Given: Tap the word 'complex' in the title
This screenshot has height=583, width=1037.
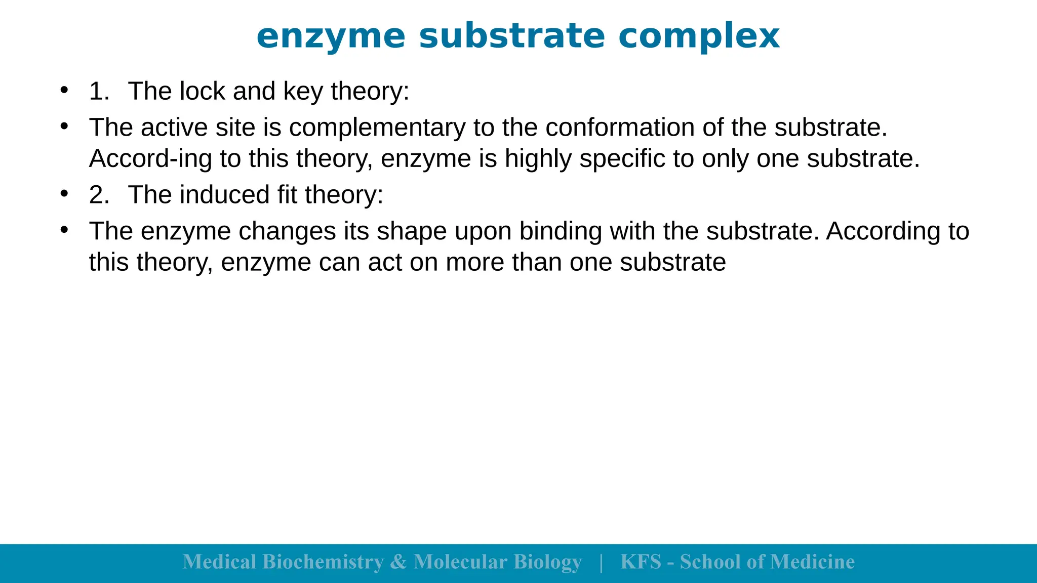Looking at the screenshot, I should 699,36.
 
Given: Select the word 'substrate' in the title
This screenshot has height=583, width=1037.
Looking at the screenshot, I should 512,36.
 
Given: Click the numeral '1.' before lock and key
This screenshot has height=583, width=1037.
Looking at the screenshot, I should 99,92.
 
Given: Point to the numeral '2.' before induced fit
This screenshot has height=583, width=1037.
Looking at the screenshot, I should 99,195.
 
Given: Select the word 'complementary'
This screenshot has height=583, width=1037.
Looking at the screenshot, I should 377,128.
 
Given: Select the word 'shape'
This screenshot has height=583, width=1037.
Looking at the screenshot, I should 412,232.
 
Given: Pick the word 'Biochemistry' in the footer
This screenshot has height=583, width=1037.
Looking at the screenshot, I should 323,562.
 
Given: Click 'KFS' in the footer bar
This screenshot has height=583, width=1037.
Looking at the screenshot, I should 641,562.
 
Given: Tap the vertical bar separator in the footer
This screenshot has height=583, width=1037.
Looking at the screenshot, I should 601,562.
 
